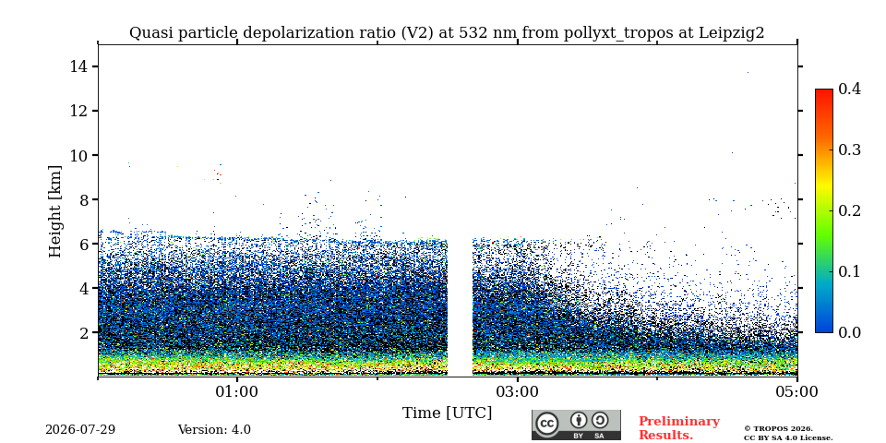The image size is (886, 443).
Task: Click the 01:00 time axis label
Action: [x=237, y=391]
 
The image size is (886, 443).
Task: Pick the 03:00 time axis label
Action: [x=517, y=391]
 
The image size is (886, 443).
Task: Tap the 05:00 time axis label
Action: [x=797, y=391]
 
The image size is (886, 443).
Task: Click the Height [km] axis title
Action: [x=54, y=211]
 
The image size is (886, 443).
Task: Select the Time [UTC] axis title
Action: [x=447, y=413]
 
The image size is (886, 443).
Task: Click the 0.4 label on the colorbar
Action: [x=849, y=89]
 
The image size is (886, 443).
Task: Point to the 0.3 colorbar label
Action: [x=849, y=150]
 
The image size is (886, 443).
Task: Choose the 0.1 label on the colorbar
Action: [x=849, y=271]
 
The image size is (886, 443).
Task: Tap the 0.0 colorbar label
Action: [x=849, y=332]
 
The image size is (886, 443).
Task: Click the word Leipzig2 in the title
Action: [x=732, y=33]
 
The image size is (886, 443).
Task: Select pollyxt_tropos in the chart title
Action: [x=618, y=33]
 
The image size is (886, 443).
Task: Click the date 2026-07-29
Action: [x=80, y=430]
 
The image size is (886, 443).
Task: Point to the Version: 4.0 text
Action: [x=214, y=430]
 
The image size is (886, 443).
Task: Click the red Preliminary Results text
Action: [x=679, y=428]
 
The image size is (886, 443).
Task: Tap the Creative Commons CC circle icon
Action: [x=547, y=425]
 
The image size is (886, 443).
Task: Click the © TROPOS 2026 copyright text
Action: [x=778, y=429]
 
